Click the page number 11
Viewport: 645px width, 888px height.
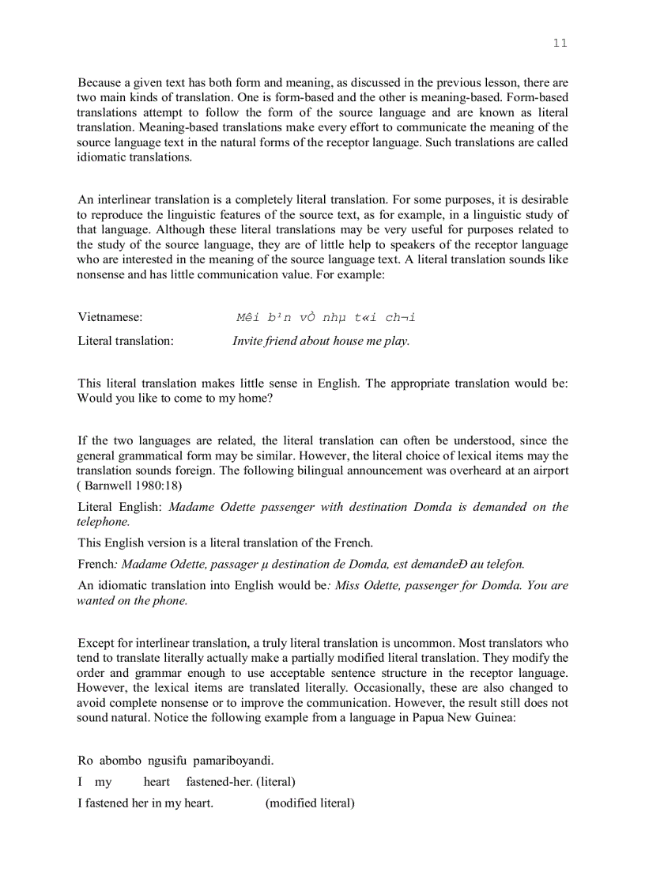(x=560, y=43)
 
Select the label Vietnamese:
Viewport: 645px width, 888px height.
(x=110, y=317)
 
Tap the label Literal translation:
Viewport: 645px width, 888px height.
(x=125, y=341)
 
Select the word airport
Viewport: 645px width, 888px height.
(x=548, y=470)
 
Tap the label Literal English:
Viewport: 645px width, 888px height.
(x=121, y=507)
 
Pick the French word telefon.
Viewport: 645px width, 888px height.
(x=503, y=564)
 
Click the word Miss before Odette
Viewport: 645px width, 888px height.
(x=348, y=586)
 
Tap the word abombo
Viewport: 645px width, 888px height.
(x=120, y=761)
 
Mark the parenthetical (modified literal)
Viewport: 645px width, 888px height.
(x=310, y=803)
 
